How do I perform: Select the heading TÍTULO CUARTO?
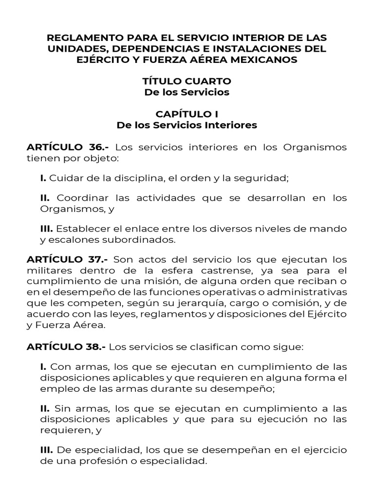187,81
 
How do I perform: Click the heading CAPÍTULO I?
187,114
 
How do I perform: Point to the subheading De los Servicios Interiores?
187,125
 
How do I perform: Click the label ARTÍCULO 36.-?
68,147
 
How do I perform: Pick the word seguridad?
264,178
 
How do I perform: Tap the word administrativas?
305,291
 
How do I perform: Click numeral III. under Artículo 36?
47,229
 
